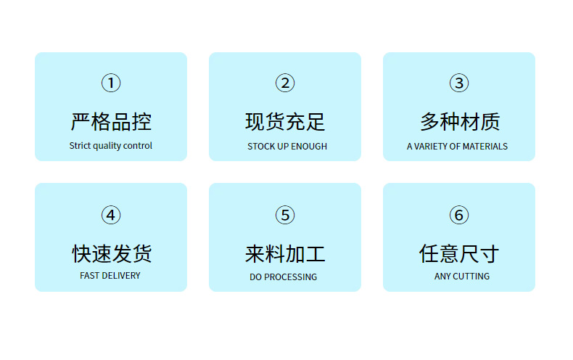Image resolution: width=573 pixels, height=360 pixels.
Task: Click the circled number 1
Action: [x=111, y=83]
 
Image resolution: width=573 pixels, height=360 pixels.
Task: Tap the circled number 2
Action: [x=285, y=83]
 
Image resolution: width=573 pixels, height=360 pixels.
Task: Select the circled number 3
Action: [x=459, y=83]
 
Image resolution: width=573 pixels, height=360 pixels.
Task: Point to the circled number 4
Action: [x=111, y=216]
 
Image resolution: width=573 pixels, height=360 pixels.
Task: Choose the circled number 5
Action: [x=285, y=216]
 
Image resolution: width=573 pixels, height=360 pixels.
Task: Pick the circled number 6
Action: [x=459, y=216]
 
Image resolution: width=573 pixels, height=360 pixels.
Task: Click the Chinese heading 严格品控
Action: [x=111, y=121]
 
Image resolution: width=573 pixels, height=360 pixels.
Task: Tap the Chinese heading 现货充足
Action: [x=285, y=121]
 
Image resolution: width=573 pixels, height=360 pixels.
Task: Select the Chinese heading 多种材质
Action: [x=460, y=121]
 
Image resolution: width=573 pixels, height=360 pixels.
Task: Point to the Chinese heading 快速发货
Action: [x=111, y=253]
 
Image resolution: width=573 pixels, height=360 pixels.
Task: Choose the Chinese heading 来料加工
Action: [x=285, y=253]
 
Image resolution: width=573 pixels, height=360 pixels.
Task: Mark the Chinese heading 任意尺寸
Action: [x=459, y=253]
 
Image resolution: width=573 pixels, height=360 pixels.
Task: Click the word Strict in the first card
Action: [x=79, y=146]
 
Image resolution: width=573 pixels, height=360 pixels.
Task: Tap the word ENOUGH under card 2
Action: [x=310, y=147]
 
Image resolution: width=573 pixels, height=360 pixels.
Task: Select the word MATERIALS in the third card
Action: [x=485, y=147]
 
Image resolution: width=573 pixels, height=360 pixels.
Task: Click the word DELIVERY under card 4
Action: [x=121, y=276]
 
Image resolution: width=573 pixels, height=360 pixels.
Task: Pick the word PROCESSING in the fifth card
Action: [x=291, y=277]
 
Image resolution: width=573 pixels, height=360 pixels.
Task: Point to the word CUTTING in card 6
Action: [x=471, y=277]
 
